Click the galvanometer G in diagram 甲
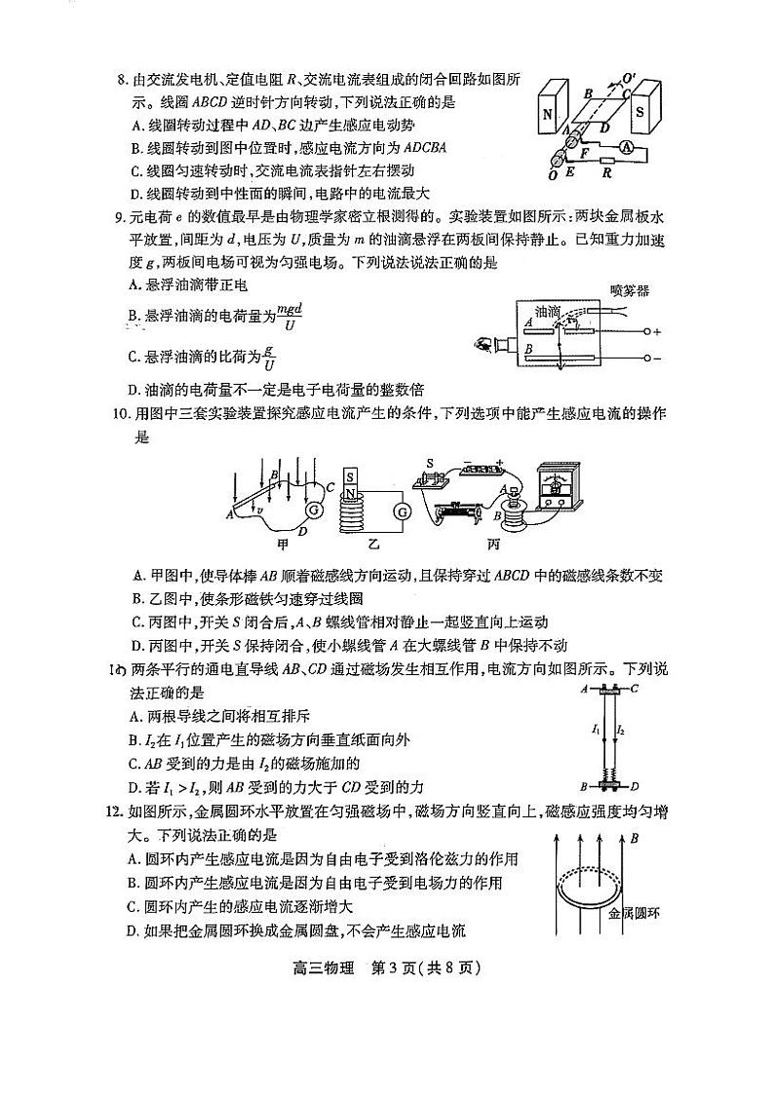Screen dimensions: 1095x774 point(314,510)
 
